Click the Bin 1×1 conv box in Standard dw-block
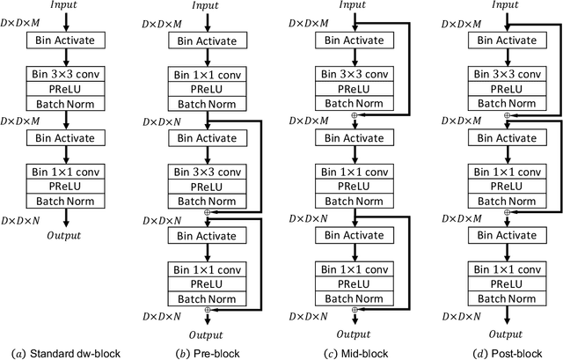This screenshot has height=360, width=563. tap(69, 170)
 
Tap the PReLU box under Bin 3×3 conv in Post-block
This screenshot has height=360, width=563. tap(505, 88)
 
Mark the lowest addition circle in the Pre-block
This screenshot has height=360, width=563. tap(208, 311)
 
